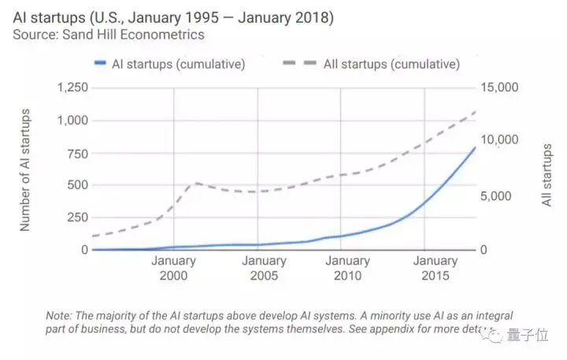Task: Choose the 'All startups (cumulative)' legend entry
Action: tap(391, 64)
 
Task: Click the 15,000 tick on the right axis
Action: tap(500, 88)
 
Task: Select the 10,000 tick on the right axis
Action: tap(500, 140)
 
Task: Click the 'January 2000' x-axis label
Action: tap(173, 268)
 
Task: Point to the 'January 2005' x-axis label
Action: tap(264, 268)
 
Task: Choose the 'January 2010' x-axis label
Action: tap(347, 268)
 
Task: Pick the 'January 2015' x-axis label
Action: tap(435, 268)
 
